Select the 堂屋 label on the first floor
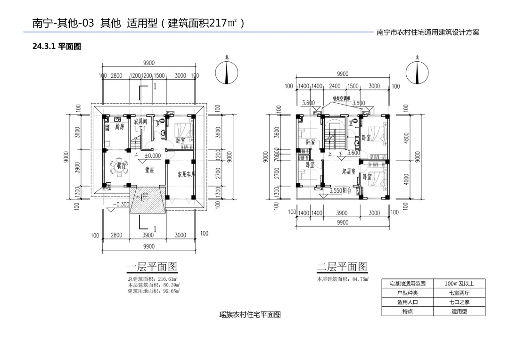[x=149, y=170]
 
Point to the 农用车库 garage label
[x=187, y=174]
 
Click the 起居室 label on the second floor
[x=349, y=172]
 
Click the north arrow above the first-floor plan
[x=226, y=73]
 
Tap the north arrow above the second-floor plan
[x=417, y=73]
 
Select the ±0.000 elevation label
[x=152, y=155]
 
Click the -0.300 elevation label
[x=122, y=205]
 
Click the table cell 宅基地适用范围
[x=407, y=284]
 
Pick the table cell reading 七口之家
[x=459, y=302]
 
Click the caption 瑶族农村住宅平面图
[x=250, y=315]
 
